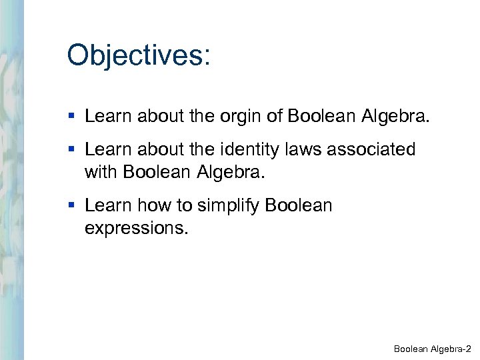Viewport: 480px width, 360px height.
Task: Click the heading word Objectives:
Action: click(x=139, y=56)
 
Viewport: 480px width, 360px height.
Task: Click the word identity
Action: click(x=249, y=149)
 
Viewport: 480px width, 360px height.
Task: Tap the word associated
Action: click(x=373, y=149)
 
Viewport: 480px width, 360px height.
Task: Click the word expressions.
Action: click(x=137, y=228)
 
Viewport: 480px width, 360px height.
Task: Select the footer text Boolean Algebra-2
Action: click(x=432, y=349)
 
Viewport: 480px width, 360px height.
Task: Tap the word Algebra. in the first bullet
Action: click(x=397, y=117)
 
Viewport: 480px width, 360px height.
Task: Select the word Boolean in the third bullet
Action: click(x=298, y=205)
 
